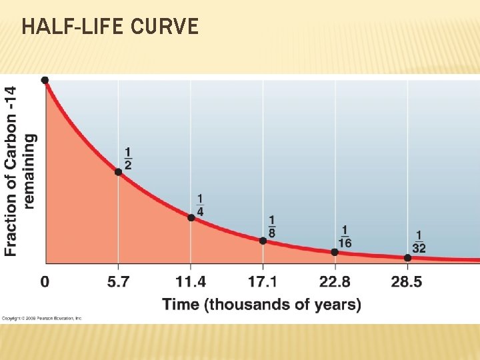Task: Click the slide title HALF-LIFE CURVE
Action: [110, 27]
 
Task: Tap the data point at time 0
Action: [45, 80]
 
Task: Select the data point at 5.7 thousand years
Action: [118, 171]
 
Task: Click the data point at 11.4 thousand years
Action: [191, 217]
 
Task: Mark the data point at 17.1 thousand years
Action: [263, 241]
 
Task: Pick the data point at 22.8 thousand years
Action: [335, 252]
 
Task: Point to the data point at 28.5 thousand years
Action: [408, 258]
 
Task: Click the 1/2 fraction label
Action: [127, 159]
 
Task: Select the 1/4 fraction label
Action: [200, 205]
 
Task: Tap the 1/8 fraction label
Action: [271, 227]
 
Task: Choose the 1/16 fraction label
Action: [344, 237]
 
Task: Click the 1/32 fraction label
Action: [419, 242]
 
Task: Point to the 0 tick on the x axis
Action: [45, 282]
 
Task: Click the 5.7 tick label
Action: [118, 282]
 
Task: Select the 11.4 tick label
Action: [191, 282]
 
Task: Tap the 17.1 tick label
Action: [263, 282]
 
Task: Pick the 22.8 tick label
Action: [335, 282]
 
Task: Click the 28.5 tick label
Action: [407, 282]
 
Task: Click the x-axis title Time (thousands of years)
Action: [261, 305]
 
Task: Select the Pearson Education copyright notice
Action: [41, 319]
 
